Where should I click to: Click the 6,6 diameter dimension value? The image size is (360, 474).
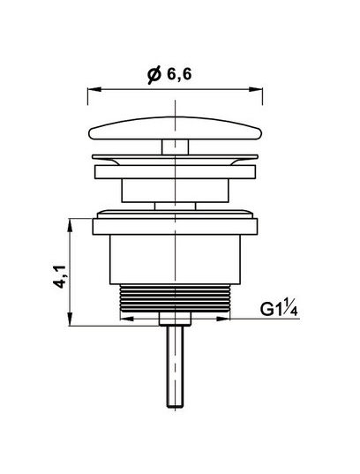(179, 74)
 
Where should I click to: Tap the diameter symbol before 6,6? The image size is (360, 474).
(154, 76)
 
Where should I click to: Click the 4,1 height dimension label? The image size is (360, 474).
(59, 276)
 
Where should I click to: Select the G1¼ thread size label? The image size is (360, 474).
(280, 309)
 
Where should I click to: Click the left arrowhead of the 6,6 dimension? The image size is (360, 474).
(94, 89)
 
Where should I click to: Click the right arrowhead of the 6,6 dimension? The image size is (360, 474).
(256, 89)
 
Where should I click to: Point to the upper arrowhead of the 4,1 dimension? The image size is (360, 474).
(70, 225)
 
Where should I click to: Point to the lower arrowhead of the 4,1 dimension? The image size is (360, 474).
(70, 319)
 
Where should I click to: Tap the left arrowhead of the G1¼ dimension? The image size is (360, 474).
(127, 319)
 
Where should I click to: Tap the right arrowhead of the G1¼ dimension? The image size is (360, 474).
(223, 319)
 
